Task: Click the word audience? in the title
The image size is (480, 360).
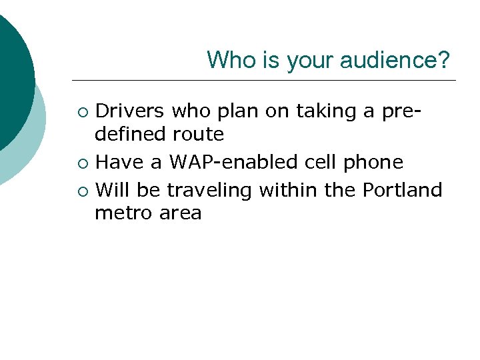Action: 395,61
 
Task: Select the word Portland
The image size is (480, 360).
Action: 402,190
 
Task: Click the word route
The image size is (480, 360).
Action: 198,134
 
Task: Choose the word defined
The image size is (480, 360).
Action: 131,134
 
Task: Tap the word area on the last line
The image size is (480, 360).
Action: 180,214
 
